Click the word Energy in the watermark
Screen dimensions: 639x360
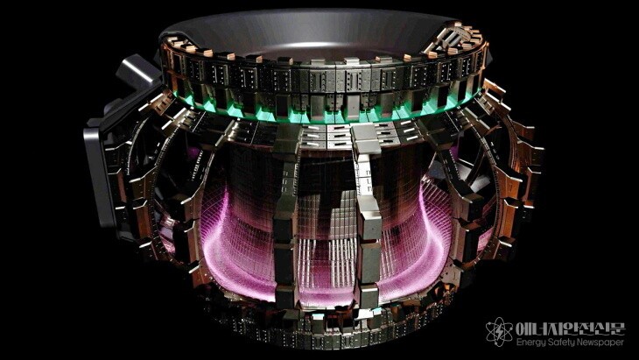click(x=530, y=342)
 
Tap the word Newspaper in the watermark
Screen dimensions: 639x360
click(x=599, y=342)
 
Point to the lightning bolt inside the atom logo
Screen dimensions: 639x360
click(x=499, y=333)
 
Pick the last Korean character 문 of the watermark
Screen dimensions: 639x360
click(x=617, y=328)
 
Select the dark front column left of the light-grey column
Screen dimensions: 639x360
click(x=285, y=216)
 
